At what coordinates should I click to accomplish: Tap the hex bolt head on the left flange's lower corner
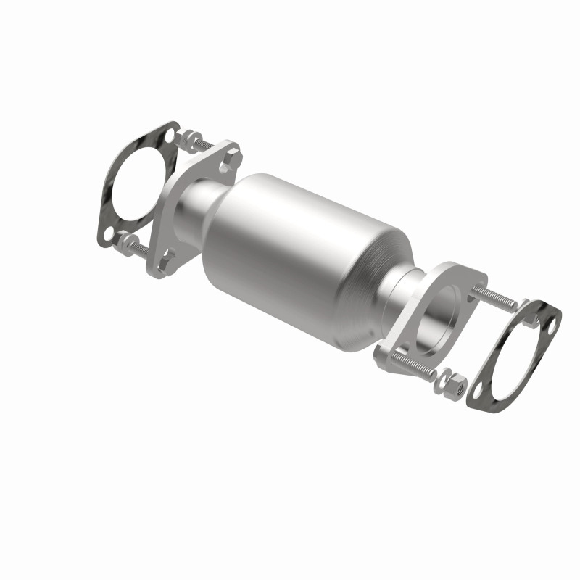point(167,257)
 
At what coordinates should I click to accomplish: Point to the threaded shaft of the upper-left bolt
point(204,148)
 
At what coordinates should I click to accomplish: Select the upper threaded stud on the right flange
point(493,298)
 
